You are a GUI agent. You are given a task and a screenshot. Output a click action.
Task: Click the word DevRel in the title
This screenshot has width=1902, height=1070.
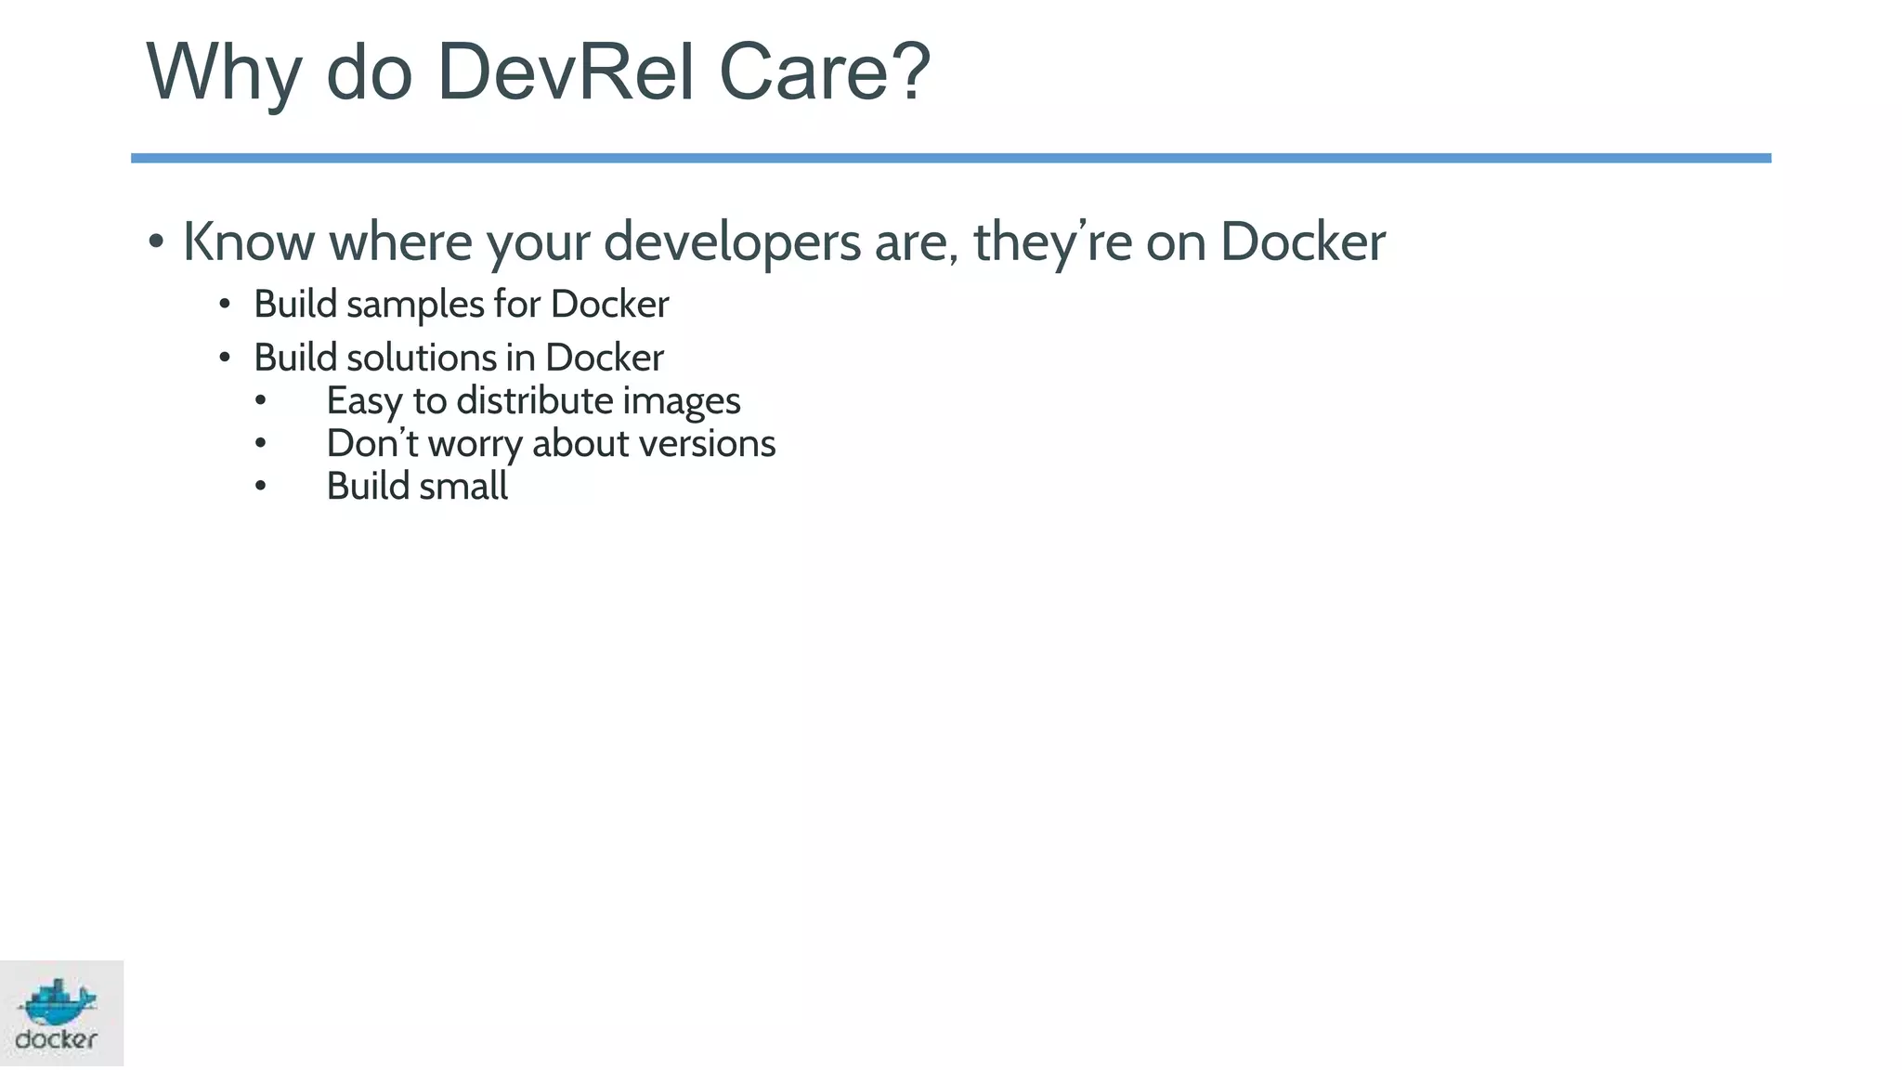566,72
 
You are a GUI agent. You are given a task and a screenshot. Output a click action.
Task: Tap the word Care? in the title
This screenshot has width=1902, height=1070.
825,72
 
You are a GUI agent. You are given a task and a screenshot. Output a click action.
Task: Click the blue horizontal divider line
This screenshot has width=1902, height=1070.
951,158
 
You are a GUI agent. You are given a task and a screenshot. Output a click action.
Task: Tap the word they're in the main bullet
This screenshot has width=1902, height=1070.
1052,243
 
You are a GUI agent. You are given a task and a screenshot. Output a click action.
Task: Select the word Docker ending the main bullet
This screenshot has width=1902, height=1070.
1302,241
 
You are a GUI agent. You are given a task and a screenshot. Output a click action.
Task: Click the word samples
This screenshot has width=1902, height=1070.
415,306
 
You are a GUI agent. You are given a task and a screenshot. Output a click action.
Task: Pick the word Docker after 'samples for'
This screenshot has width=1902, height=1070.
609,304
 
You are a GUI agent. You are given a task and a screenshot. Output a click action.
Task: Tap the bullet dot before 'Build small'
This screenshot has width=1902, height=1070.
260,486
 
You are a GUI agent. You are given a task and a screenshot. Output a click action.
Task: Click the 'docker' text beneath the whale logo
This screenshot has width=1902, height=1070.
57,1039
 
